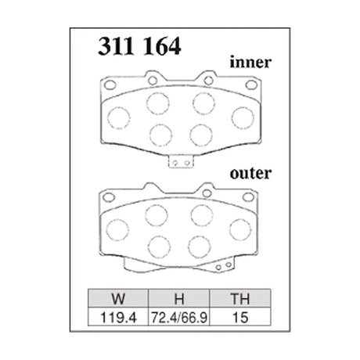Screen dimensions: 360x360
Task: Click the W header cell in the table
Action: (117, 298)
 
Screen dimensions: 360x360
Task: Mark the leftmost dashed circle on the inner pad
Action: (118, 117)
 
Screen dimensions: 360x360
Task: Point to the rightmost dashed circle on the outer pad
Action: (241, 229)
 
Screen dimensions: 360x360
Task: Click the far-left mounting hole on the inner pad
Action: (111, 85)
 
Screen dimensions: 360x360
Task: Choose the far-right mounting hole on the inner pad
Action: (250, 85)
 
